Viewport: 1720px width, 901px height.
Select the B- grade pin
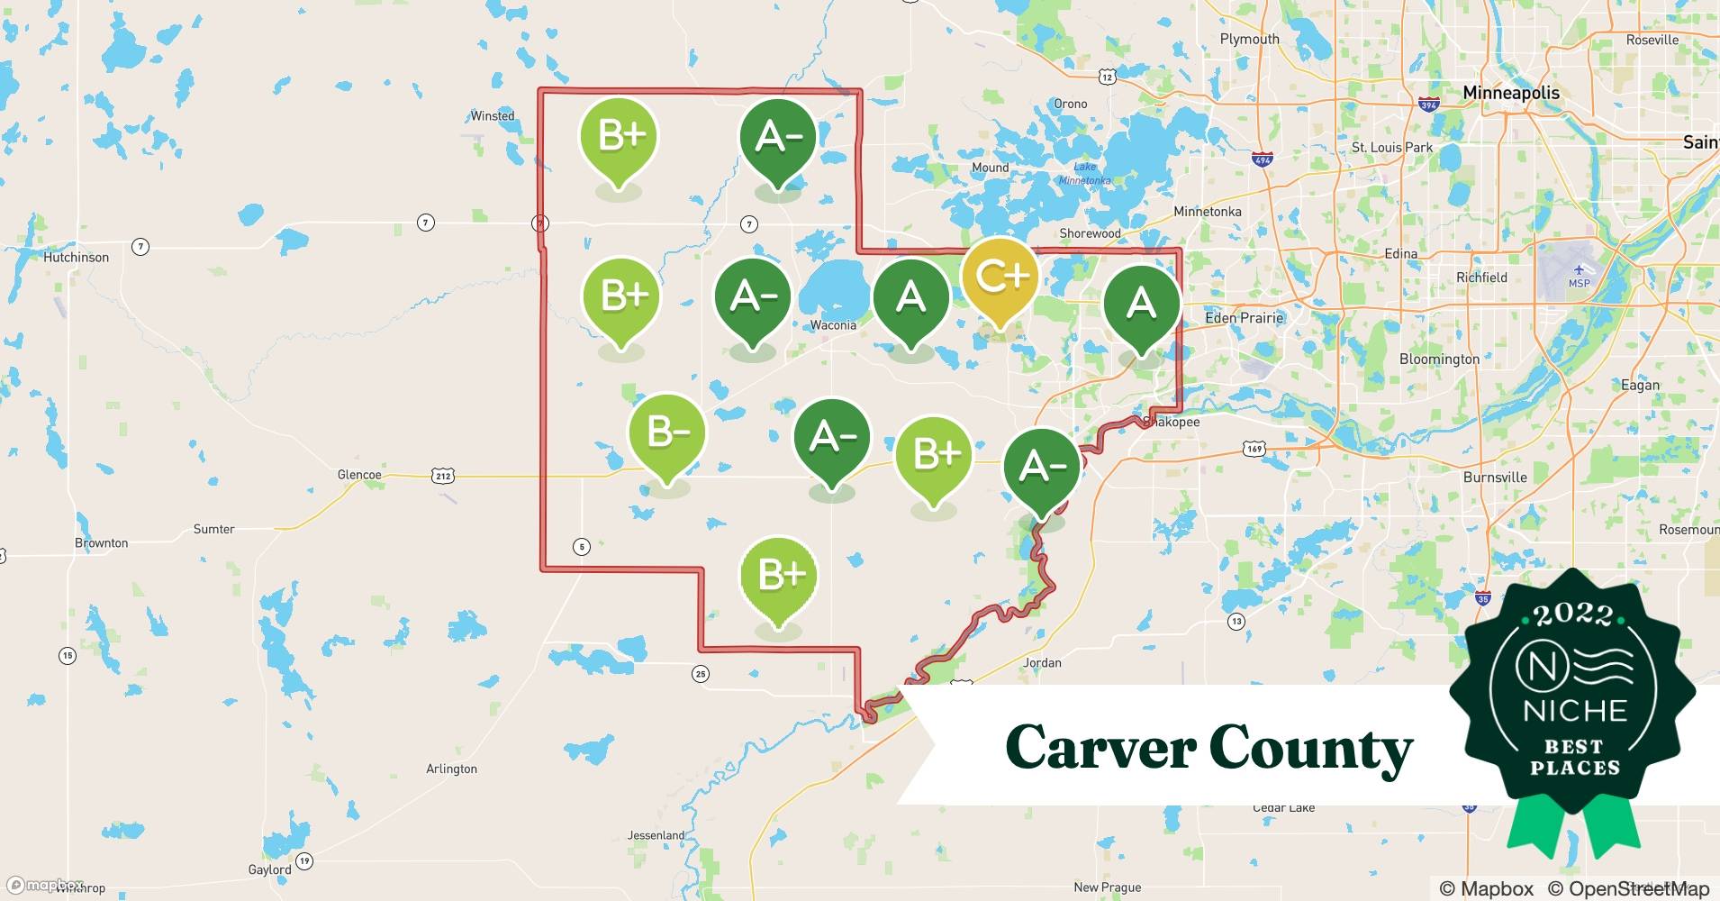click(x=667, y=433)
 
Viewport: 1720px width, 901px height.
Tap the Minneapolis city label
click(x=1510, y=93)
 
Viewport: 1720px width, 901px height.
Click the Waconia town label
click(x=832, y=325)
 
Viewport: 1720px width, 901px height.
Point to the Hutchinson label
click(x=76, y=258)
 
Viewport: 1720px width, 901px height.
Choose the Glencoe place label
click(x=359, y=475)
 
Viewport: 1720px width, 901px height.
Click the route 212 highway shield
click(x=442, y=475)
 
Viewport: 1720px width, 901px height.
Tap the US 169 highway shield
click(x=1254, y=448)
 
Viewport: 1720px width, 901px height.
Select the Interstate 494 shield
click(x=1263, y=159)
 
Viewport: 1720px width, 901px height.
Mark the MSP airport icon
click(x=1579, y=270)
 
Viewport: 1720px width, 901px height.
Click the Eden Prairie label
click(x=1244, y=318)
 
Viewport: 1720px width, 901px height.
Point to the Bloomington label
click(x=1439, y=359)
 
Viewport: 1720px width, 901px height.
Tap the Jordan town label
click(x=1042, y=663)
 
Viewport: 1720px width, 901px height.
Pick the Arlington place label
click(x=451, y=769)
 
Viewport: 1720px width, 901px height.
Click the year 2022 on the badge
click(x=1573, y=614)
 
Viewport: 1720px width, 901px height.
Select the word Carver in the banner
click(x=1100, y=748)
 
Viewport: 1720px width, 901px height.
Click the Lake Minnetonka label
click(x=1085, y=174)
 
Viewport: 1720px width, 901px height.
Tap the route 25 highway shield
click(x=701, y=673)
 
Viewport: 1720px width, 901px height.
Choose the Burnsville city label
click(x=1495, y=478)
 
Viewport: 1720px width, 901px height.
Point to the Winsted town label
click(x=493, y=116)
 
